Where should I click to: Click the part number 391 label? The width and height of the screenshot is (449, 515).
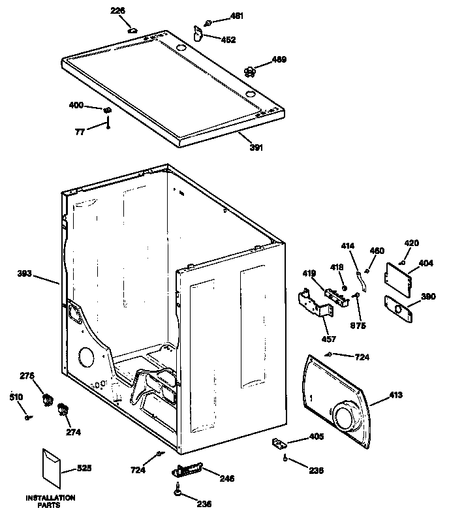tap(256, 148)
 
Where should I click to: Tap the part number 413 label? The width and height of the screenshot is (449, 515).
tap(395, 395)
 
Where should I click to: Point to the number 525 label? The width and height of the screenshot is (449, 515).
tap(84, 467)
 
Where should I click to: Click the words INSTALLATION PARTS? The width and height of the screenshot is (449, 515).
tap(50, 501)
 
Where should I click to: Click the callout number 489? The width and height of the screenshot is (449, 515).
tap(279, 60)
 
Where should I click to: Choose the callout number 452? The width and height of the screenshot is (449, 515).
tap(228, 40)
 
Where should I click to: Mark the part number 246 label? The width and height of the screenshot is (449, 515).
tap(226, 478)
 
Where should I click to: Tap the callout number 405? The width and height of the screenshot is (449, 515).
tap(317, 437)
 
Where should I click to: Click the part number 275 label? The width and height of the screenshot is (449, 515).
tap(27, 375)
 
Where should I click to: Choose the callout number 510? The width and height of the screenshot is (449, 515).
tap(15, 397)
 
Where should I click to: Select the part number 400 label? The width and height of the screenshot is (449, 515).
tap(76, 104)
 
